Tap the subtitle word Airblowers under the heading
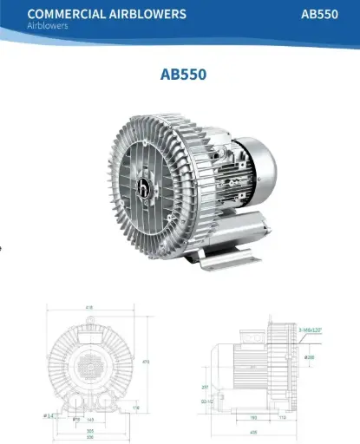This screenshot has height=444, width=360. pos(49,26)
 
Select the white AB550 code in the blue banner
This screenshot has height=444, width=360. pos(321,14)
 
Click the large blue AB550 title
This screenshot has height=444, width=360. pos(183,73)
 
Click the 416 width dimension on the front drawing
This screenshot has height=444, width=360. pos(90,307)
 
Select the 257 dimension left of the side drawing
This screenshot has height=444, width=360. pos(206,387)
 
